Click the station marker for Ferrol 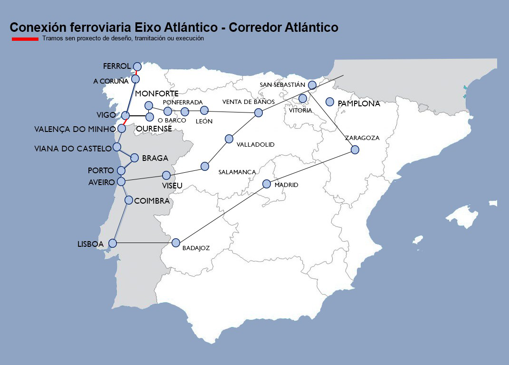coord(137,66)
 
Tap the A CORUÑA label coord(111,81)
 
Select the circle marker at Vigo coord(126,115)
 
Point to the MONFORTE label coord(157,94)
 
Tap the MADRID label coord(287,185)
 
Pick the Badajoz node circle coord(176,243)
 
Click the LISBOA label coord(90,244)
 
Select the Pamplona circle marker coord(330,102)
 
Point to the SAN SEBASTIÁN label coord(282,84)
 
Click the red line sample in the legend coord(25,39)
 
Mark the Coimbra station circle coord(129,200)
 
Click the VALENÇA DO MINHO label coord(75,129)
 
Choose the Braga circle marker coord(134,158)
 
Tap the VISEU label coord(172,186)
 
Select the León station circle coord(204,111)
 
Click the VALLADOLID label coord(256,144)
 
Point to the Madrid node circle coord(267,184)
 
